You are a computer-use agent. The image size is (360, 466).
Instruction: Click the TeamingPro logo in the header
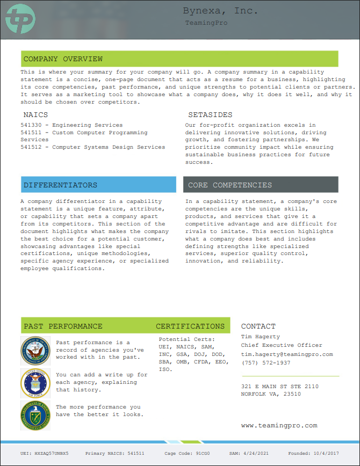(x=20, y=19)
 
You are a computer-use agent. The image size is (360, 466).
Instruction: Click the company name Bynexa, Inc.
(x=220, y=11)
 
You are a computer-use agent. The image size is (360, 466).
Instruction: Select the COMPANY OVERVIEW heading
(x=63, y=59)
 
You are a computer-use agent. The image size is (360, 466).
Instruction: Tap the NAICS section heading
(x=35, y=115)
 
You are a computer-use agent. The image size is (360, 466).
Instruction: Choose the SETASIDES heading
(x=210, y=115)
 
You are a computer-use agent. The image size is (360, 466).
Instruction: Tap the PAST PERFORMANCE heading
(x=63, y=326)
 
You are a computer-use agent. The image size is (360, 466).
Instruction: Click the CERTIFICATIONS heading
(x=190, y=326)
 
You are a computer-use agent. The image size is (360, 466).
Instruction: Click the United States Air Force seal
(x=35, y=383)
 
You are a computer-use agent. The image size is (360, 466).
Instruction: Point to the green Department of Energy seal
(x=35, y=416)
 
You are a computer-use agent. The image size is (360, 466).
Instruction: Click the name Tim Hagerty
(x=261, y=337)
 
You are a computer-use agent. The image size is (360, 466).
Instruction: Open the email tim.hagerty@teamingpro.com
(x=287, y=354)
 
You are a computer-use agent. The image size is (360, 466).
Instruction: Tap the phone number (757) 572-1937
(x=265, y=363)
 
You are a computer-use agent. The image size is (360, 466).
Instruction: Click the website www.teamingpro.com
(x=279, y=426)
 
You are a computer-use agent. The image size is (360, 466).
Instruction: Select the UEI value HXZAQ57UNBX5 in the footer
(x=52, y=454)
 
